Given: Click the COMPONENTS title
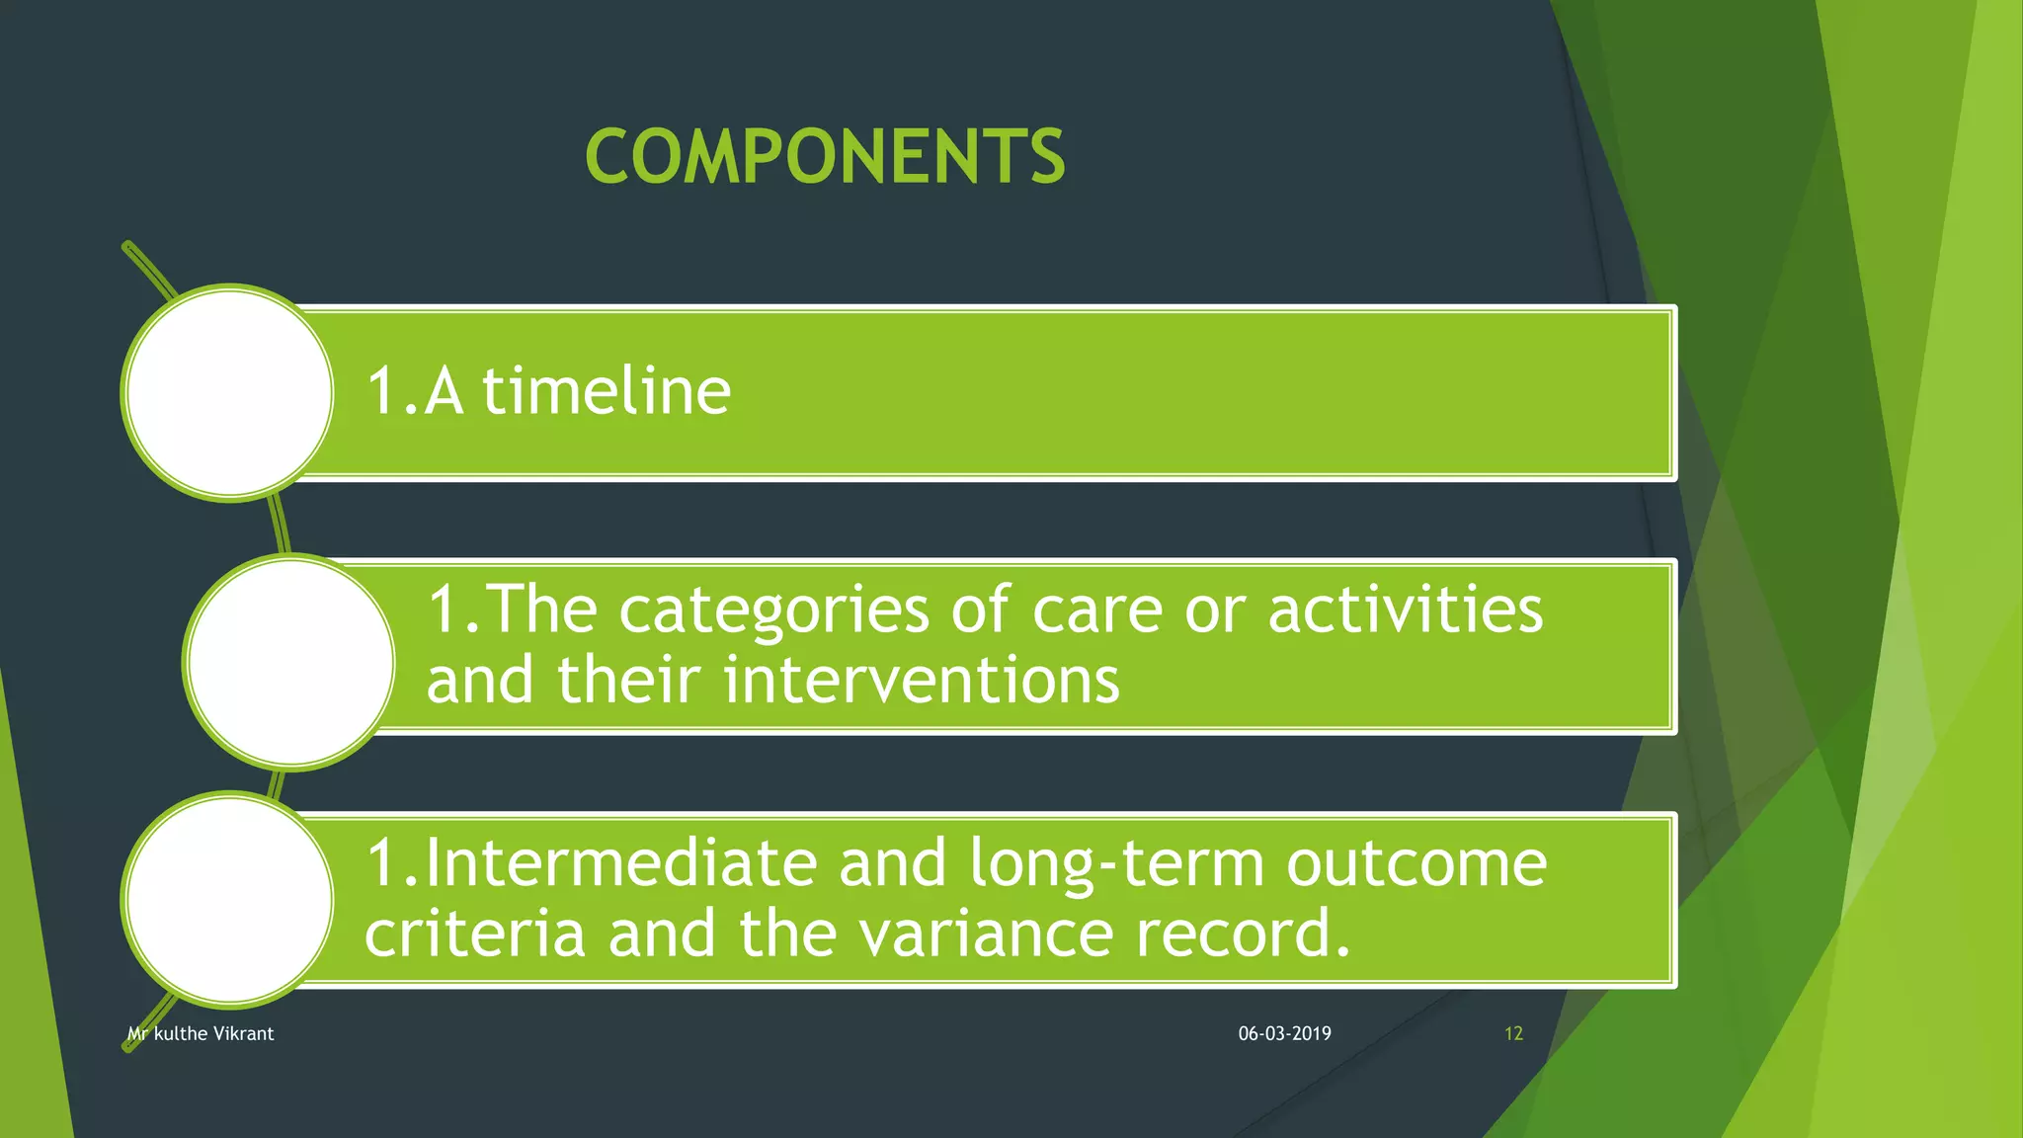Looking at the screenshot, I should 825,157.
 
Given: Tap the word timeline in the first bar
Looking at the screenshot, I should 607,391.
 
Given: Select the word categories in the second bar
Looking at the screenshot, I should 773,610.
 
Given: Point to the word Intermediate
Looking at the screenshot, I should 620,863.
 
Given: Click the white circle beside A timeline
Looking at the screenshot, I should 229,393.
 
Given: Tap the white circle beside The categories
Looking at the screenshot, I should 290,661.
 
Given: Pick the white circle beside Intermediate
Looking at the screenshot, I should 229,900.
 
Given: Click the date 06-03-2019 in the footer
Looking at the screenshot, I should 1284,1034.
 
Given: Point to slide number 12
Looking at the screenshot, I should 1513,1034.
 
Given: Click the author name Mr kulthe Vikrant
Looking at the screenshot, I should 201,1034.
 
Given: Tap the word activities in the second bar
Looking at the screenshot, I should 1405,610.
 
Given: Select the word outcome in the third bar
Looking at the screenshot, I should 1416,863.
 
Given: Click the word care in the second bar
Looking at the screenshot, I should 1096,611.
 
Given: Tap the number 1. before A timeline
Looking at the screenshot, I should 391,391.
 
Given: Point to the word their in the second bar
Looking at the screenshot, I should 628,681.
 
